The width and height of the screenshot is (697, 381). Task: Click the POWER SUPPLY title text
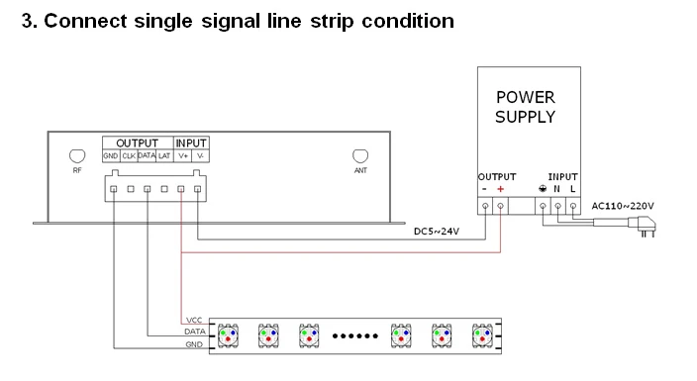[x=526, y=107]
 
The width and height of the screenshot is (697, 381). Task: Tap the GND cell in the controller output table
[x=111, y=156]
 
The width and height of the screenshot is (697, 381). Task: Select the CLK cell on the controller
[x=129, y=156]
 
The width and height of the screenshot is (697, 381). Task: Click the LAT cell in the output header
[x=164, y=156]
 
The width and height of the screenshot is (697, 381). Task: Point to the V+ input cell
[x=183, y=156]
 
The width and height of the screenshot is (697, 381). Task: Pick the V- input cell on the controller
[x=200, y=156]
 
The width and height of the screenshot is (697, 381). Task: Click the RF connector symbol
[x=77, y=156]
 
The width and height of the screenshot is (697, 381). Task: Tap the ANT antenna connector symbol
[x=360, y=156]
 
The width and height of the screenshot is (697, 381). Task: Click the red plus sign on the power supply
[x=501, y=189]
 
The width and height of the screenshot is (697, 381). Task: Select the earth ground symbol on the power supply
[x=543, y=188]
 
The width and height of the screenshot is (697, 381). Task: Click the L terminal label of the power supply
[x=573, y=189]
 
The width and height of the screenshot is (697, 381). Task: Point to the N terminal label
[x=556, y=189]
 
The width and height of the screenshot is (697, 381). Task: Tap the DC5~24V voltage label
[x=437, y=232]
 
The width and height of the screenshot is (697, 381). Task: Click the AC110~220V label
[x=623, y=206]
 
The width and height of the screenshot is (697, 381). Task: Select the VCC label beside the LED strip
[x=194, y=320]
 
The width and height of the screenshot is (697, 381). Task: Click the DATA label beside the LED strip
[x=195, y=332]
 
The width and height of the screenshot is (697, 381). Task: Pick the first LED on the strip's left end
[x=228, y=335]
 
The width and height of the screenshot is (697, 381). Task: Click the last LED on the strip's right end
[x=483, y=335]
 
